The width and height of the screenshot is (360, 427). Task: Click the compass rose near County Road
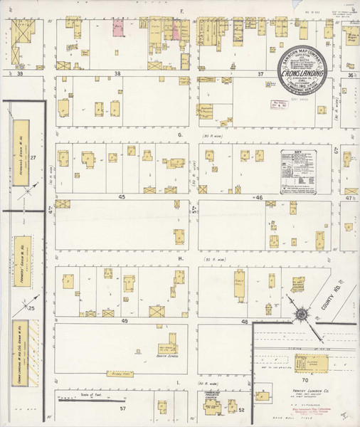click(301, 313)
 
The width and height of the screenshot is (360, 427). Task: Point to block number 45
click(122, 196)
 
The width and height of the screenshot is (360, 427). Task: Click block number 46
click(259, 197)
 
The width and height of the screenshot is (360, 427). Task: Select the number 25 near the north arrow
click(31, 307)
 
